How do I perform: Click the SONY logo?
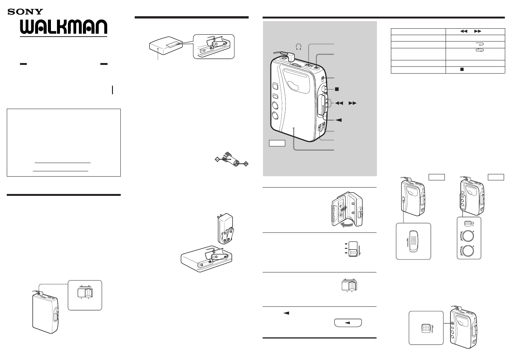click(25, 12)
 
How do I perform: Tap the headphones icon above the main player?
click(299, 47)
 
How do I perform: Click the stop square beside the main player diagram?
click(337, 89)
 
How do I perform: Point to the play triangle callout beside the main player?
click(338, 120)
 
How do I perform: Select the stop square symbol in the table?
click(461, 70)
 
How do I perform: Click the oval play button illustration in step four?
click(347, 323)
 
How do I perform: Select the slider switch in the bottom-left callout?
click(85, 292)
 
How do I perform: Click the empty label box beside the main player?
click(277, 143)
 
